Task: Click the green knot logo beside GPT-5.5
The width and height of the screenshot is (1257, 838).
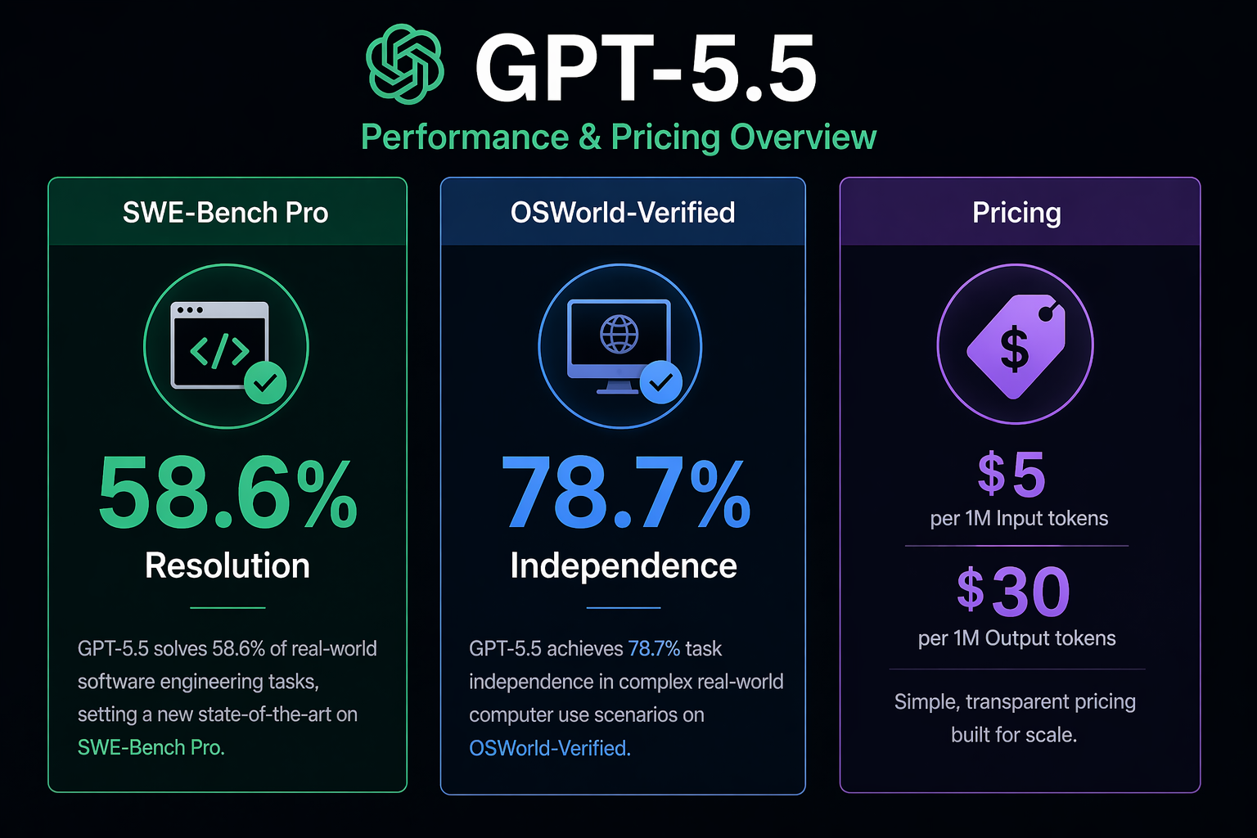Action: (405, 65)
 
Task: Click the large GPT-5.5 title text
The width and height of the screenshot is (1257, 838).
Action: (646, 69)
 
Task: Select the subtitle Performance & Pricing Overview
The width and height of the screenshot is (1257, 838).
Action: (619, 137)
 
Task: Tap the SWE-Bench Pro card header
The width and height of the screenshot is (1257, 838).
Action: (226, 213)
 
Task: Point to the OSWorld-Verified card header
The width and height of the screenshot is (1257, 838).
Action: (623, 213)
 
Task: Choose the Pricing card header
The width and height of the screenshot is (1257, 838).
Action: (1016, 213)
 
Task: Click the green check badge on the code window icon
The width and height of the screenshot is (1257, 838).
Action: (265, 382)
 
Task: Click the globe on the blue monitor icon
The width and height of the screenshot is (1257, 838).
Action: (619, 334)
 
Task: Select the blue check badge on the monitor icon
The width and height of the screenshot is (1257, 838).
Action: (660, 381)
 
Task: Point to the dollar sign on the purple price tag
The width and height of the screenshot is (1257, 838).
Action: (1014, 349)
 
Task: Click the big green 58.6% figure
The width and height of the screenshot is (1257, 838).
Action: (228, 494)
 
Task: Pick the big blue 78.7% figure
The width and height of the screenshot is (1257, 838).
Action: (625, 494)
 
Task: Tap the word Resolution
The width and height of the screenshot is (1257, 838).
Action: (228, 566)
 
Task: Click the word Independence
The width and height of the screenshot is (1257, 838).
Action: (624, 566)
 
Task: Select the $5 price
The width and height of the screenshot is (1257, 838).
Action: (1012, 475)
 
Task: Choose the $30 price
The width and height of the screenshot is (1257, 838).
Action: (1014, 592)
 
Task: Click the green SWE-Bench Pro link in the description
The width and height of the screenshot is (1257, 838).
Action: (151, 748)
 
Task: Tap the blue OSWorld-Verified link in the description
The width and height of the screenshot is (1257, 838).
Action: (549, 748)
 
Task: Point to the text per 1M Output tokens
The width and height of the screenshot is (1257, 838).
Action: (1016, 638)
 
